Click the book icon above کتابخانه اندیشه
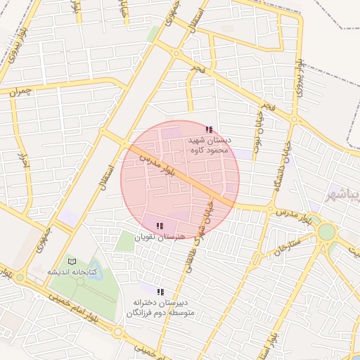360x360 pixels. pyautogui.click(x=71, y=261)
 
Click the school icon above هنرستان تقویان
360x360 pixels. pyautogui.click(x=160, y=226)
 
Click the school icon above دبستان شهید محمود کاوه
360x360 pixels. pyautogui.click(x=209, y=129)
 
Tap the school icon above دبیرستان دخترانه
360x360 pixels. pyautogui.click(x=160, y=291)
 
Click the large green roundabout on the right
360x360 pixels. pyautogui.click(x=326, y=232)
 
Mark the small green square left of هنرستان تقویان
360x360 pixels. pyautogui.click(x=124, y=241)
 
